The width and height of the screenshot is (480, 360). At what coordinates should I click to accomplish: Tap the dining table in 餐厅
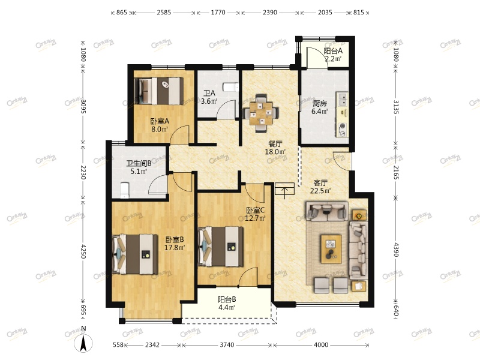click(261, 113)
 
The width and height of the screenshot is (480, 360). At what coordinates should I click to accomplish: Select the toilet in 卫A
click(231, 87)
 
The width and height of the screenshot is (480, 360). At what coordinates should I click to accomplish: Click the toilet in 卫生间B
click(125, 190)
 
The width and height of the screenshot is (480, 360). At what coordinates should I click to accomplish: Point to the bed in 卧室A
click(159, 91)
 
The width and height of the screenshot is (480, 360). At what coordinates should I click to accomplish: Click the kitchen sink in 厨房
click(342, 100)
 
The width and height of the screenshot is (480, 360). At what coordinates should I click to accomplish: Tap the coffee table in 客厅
click(331, 248)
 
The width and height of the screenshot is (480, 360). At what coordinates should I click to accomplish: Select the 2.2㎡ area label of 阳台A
click(333, 58)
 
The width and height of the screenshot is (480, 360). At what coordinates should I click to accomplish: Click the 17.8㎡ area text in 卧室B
click(175, 247)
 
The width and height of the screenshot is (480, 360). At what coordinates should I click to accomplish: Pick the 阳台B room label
click(227, 299)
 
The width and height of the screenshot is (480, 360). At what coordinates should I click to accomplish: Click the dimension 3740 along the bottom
click(227, 344)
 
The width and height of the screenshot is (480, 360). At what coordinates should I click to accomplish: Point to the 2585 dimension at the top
click(164, 12)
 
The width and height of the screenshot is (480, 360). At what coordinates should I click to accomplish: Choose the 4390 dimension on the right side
click(396, 250)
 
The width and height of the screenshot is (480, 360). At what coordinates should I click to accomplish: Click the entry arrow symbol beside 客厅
click(284, 191)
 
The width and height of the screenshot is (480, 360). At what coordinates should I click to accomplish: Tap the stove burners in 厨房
click(343, 130)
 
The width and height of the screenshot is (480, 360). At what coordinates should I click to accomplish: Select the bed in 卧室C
click(221, 247)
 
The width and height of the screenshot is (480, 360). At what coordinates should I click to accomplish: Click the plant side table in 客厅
click(359, 216)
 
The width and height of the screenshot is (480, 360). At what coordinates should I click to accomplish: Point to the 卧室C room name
click(256, 211)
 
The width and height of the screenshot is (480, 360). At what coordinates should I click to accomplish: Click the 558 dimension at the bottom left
click(118, 344)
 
